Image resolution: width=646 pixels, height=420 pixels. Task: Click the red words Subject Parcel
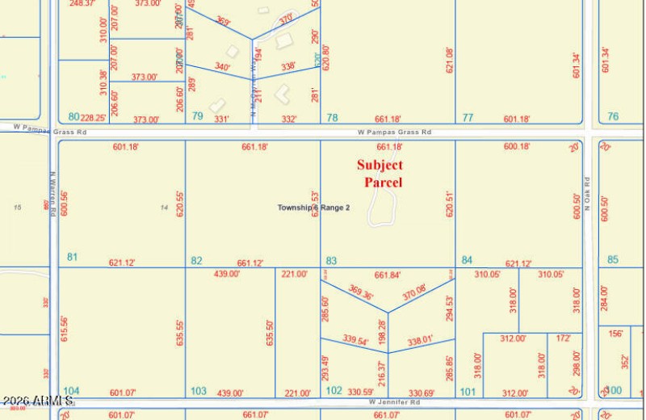pyautogui.click(x=380, y=174)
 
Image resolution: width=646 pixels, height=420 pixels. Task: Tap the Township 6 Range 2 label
pyautogui.click(x=313, y=208)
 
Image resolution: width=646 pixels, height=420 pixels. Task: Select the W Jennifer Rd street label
pyautogui.click(x=396, y=401)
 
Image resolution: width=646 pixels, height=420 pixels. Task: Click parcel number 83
pyautogui.click(x=331, y=260)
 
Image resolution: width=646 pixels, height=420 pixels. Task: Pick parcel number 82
pyautogui.click(x=196, y=260)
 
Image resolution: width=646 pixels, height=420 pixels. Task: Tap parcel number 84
pyautogui.click(x=467, y=260)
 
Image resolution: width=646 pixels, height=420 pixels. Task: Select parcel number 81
pyautogui.click(x=73, y=257)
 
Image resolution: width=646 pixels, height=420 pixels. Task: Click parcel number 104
pyautogui.click(x=72, y=390)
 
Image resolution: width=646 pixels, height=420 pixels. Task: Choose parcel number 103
pyautogui.click(x=198, y=391)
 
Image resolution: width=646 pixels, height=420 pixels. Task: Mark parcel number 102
pyautogui.click(x=333, y=391)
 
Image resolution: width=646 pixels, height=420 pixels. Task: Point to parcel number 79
pyautogui.click(x=197, y=116)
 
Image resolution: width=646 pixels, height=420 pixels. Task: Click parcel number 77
pyautogui.click(x=468, y=117)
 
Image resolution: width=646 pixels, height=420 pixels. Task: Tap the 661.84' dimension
pyautogui.click(x=388, y=275)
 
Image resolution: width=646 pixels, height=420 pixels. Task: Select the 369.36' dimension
pyautogui.click(x=361, y=292)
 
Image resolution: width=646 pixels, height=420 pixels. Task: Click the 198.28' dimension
pyautogui.click(x=382, y=330)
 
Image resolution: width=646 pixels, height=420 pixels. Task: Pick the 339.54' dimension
pyautogui.click(x=355, y=340)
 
